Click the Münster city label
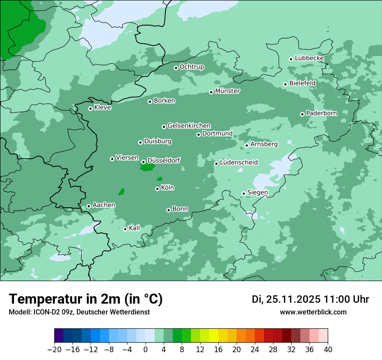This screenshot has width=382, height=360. [227, 91]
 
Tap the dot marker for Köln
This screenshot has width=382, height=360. [157, 189]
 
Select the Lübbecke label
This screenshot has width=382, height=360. [309, 58]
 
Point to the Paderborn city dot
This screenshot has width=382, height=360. [302, 114]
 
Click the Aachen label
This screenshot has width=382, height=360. [104, 205]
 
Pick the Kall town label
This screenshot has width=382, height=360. [134, 228]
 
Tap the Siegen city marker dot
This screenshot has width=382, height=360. [244, 193]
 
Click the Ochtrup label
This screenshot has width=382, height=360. [191, 67]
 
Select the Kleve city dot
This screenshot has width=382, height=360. [90, 108]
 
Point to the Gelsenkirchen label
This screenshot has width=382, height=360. [189, 126]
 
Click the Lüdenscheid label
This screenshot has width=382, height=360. [239, 163]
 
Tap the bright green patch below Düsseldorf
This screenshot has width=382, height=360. [148, 167]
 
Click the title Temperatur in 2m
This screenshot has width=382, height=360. [86, 299]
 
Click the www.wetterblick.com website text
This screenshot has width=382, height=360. [313, 312]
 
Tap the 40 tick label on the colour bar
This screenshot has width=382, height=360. [328, 350]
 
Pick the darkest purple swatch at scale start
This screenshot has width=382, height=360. [59, 336]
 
